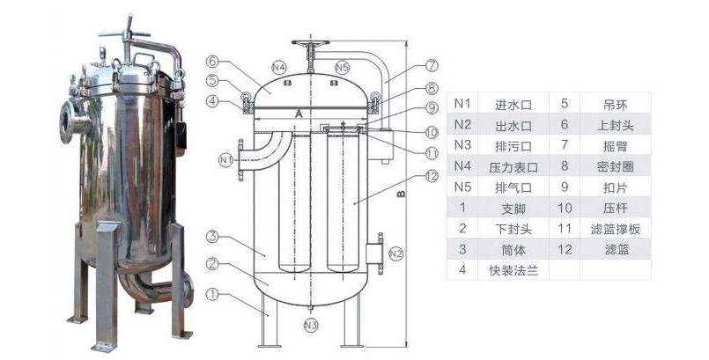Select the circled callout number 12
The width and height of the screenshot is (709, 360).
[431, 175]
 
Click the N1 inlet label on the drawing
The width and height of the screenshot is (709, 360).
[225, 159]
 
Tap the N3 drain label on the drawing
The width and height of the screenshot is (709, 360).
[310, 325]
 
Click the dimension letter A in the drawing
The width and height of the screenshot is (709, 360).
[300, 114]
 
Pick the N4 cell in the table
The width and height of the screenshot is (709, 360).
[463, 166]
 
